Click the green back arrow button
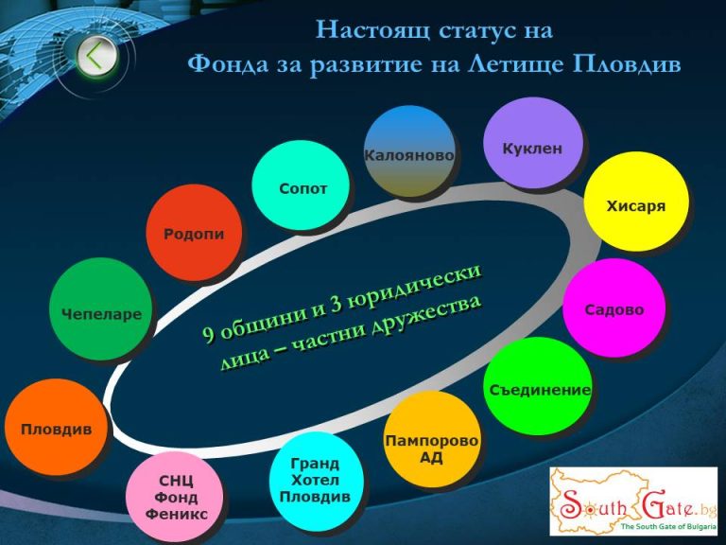click(96, 56)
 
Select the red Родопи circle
click(194, 233)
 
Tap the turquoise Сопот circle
click(301, 185)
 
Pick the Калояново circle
click(409, 151)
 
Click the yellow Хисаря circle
click(636, 202)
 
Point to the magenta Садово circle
click(614, 308)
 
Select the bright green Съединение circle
click(538, 386)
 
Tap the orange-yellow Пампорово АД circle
click(431, 439)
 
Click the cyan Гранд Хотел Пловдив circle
click(317, 481)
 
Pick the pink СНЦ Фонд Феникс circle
click(175, 498)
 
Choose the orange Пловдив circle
click(56, 428)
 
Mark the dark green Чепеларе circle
click(101, 309)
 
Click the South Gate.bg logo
click(633, 501)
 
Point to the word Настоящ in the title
click(372, 30)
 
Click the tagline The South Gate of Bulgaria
click(668, 526)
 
